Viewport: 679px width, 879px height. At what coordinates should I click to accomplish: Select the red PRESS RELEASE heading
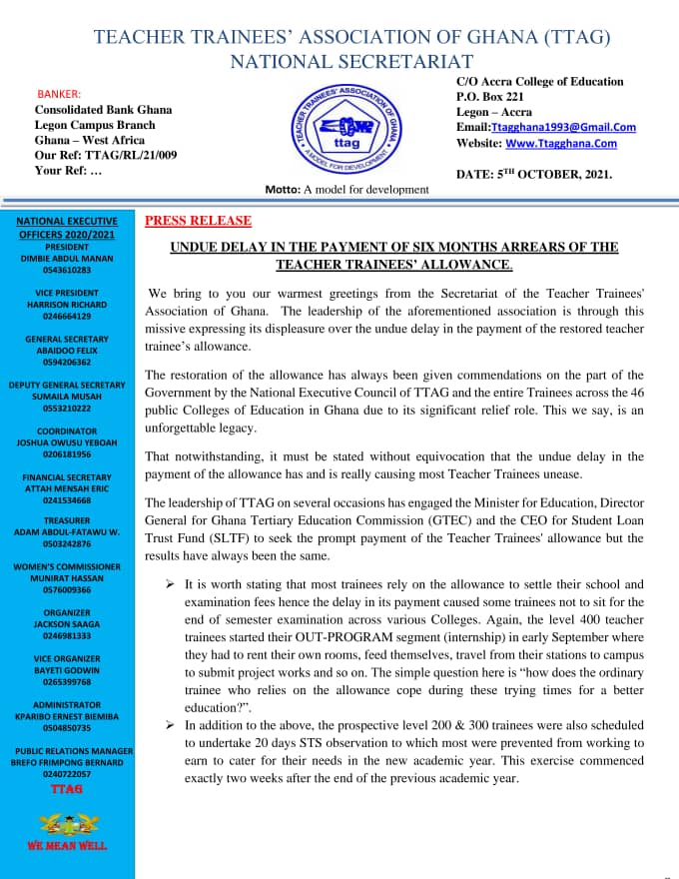click(199, 221)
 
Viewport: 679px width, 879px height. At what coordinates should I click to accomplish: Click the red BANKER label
click(59, 93)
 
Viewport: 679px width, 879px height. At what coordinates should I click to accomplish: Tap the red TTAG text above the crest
click(67, 789)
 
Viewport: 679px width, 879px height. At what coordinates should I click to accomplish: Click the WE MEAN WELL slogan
click(67, 846)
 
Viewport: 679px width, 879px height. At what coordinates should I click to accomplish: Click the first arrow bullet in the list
click(171, 583)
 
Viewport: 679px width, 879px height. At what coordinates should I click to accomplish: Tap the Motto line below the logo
click(346, 190)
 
